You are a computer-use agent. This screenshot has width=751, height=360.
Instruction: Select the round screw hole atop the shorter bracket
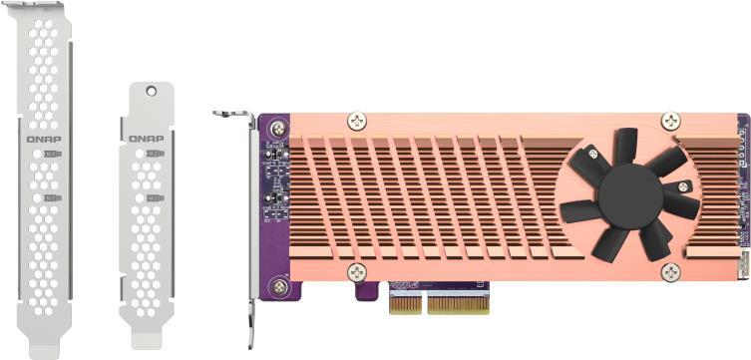[151, 91]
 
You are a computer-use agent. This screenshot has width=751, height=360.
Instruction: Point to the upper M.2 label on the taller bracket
[53, 155]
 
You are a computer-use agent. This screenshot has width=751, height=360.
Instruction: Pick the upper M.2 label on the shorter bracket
[154, 154]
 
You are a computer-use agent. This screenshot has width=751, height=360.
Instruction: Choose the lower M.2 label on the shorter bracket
[155, 197]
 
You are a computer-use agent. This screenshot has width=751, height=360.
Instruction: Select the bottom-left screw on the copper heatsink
[357, 272]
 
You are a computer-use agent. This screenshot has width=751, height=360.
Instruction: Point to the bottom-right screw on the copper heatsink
[671, 272]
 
